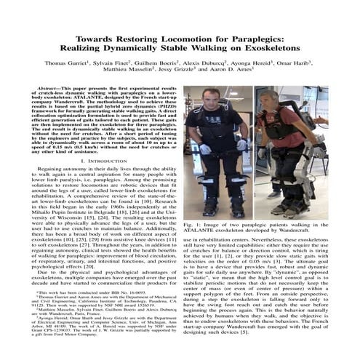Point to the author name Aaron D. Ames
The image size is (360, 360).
(x=233, y=73)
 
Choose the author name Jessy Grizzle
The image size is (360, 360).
(x=184, y=73)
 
